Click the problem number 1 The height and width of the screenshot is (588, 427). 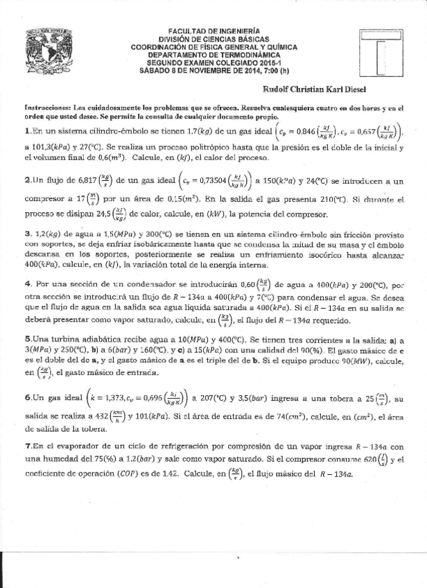click(26, 130)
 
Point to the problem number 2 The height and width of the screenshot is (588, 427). click(26, 180)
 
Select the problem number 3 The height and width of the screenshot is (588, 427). click(26, 233)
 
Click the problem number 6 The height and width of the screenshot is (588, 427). click(26, 399)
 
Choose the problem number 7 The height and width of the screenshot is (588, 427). click(26, 449)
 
